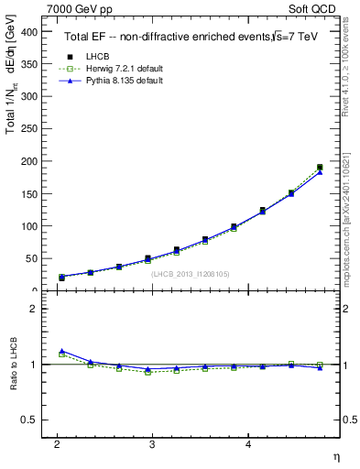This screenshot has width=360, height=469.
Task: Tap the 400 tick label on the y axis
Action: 27,32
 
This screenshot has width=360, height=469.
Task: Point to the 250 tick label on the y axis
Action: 27,129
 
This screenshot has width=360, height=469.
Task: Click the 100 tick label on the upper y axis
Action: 27,226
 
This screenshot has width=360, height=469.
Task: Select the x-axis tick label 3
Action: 153,444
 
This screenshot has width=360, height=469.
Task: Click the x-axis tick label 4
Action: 248,444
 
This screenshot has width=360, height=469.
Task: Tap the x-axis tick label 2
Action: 57,444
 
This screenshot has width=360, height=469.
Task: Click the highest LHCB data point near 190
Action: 320,168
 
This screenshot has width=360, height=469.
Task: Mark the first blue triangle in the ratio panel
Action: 61,352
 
